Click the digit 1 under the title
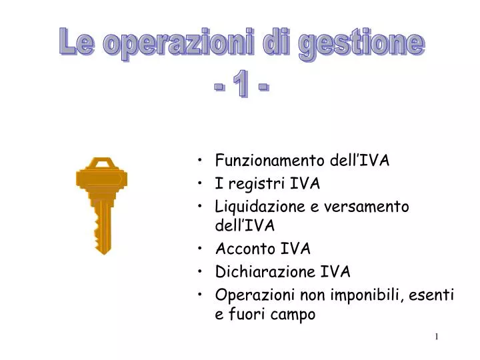pyautogui.click(x=241, y=85)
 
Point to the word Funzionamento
pyautogui.click(x=269, y=161)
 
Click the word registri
pyautogui.click(x=250, y=183)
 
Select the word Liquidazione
pyautogui.click(x=261, y=207)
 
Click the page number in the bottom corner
pyautogui.click(x=437, y=337)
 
